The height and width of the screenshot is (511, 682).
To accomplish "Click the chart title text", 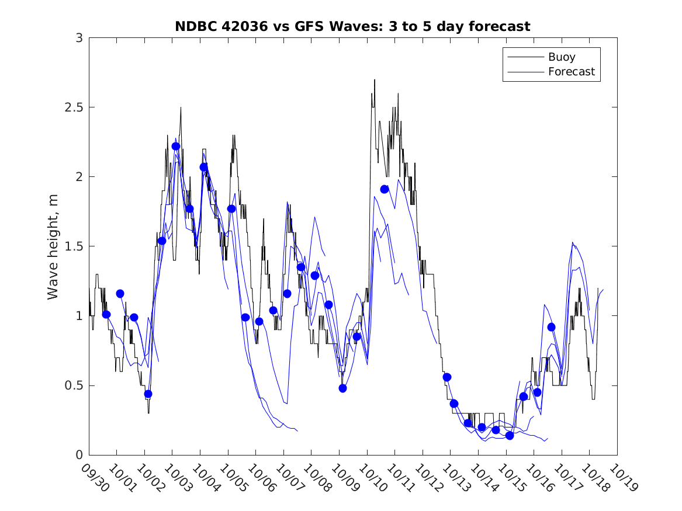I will pyautogui.click(x=352, y=26).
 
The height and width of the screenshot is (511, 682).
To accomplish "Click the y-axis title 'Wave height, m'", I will pyautogui.click(x=53, y=246).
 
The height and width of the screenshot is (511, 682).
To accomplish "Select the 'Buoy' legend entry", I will pyautogui.click(x=561, y=57).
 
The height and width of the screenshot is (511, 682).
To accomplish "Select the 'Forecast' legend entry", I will pyautogui.click(x=571, y=72).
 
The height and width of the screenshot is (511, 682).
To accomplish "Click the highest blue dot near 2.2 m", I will pyautogui.click(x=176, y=146).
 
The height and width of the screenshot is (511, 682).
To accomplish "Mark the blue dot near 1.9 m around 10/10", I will pyautogui.click(x=385, y=189).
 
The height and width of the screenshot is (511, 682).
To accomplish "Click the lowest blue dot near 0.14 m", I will pyautogui.click(x=510, y=436).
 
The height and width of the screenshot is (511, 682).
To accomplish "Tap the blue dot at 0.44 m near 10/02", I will pyautogui.click(x=148, y=394).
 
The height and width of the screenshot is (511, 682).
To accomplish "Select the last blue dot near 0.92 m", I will pyautogui.click(x=551, y=327).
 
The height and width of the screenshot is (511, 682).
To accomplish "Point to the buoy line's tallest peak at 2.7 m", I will pyautogui.click(x=375, y=80).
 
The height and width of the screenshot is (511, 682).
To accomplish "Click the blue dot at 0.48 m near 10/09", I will pyautogui.click(x=342, y=388).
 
